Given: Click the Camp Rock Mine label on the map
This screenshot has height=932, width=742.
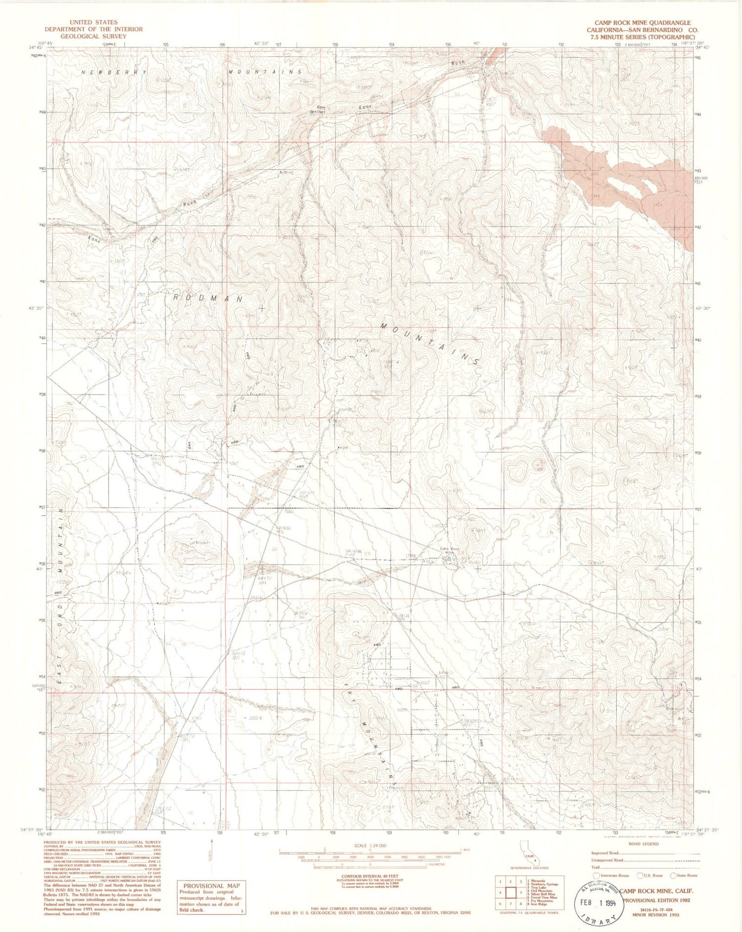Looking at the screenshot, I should click(x=451, y=550).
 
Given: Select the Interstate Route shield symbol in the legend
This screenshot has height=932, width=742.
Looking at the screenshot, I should click(x=596, y=876).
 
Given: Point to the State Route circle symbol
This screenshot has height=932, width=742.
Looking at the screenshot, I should click(x=673, y=876).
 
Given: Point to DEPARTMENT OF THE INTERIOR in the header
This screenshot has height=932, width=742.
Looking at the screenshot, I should click(x=93, y=29).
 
